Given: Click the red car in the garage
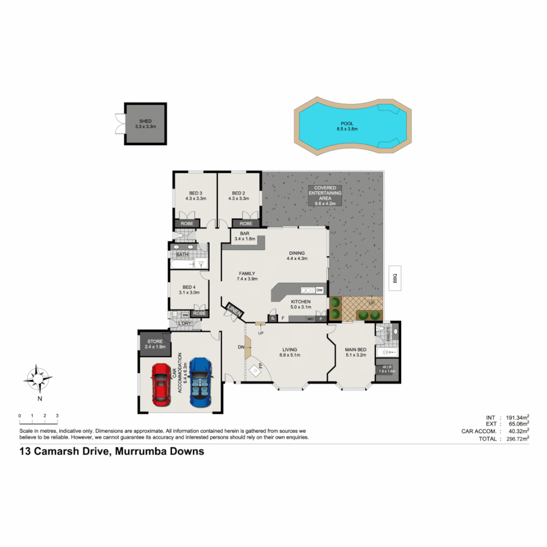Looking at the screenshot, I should click(x=161, y=384).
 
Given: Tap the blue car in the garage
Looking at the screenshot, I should click(x=200, y=383).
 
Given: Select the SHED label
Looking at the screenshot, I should click(x=145, y=121).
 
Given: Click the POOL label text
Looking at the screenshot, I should click(x=347, y=123).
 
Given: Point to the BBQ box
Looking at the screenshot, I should click(x=395, y=279).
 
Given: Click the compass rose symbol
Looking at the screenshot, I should click(x=36, y=379).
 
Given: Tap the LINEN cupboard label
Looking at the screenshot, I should click(x=235, y=310).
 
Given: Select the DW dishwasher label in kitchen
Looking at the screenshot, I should click(x=319, y=290).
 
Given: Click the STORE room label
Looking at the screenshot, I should click(x=154, y=341).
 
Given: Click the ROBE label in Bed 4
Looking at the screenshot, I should click(x=199, y=314).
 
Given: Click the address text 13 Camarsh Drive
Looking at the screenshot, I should click(x=111, y=451).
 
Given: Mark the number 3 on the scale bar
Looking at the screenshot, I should click(x=57, y=416).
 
